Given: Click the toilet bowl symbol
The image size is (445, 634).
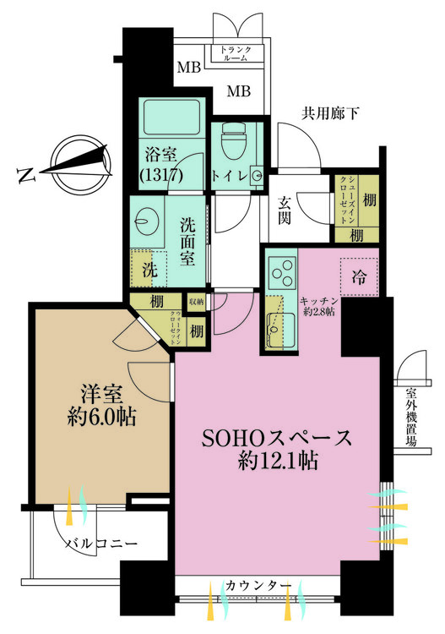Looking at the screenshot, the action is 234,141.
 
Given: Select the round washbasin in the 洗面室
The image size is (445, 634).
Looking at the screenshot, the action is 143,221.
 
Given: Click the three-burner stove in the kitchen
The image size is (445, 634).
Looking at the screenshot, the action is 282,271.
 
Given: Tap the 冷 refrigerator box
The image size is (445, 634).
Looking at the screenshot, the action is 359,277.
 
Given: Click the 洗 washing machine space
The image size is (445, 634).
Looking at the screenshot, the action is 149,269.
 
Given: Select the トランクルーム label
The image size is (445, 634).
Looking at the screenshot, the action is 236,54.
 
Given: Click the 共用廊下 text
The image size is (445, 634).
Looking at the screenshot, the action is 330,113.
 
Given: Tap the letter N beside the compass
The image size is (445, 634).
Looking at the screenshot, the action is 25,175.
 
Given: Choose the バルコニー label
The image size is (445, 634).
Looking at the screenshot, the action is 101,544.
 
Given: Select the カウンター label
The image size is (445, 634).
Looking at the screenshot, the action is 258,585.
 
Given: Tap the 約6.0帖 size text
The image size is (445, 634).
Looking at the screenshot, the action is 101,418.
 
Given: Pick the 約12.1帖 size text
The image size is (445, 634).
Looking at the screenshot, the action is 278,460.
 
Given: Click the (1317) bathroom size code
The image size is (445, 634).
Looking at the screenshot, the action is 161,174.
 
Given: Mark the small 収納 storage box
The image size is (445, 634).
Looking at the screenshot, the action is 196,302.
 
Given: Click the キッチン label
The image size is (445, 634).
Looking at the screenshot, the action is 318,301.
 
